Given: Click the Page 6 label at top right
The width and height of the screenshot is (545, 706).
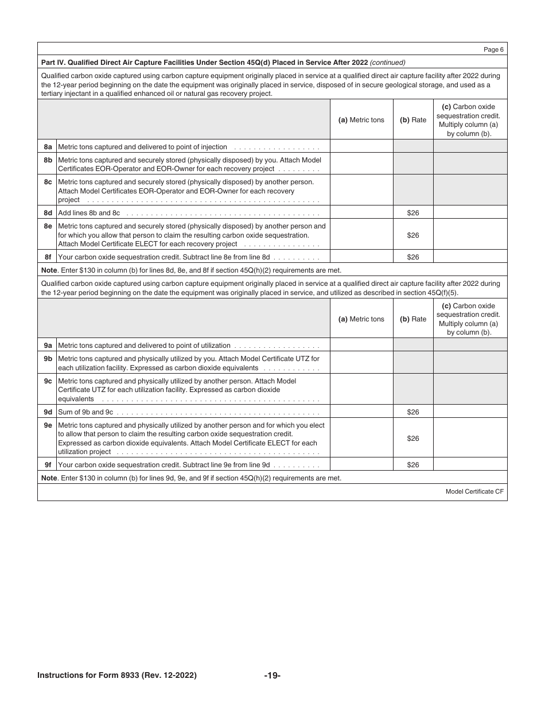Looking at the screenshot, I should point(493,50).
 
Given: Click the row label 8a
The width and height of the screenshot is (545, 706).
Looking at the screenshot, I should point(48,147).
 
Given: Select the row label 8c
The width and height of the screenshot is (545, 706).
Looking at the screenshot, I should point(48,182).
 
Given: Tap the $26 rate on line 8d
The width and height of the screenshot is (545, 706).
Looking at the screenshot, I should point(412,213).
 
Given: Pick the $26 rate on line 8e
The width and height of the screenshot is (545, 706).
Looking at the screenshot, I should point(412,235).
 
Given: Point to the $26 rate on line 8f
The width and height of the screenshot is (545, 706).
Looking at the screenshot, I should point(412,257).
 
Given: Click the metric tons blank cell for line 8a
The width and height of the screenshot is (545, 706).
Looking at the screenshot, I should point(361,146).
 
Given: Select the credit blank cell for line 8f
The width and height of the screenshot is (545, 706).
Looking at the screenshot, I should point(470,257).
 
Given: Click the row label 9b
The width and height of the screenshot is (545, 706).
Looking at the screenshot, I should point(48,359).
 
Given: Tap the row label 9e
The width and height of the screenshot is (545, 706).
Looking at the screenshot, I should point(48,425).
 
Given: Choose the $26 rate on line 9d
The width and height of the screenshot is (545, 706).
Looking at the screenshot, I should point(412,412).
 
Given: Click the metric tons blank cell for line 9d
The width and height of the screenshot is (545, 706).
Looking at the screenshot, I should point(361,412).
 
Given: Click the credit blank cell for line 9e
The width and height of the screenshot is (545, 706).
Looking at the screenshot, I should point(470,438).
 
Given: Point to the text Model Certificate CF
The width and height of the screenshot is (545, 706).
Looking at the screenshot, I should point(474,492).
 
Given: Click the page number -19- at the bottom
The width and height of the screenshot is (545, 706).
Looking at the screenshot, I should point(272,676).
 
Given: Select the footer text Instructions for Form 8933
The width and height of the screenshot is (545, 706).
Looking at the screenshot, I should point(117,676).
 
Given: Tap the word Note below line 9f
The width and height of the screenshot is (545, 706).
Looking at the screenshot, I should point(49,478).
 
